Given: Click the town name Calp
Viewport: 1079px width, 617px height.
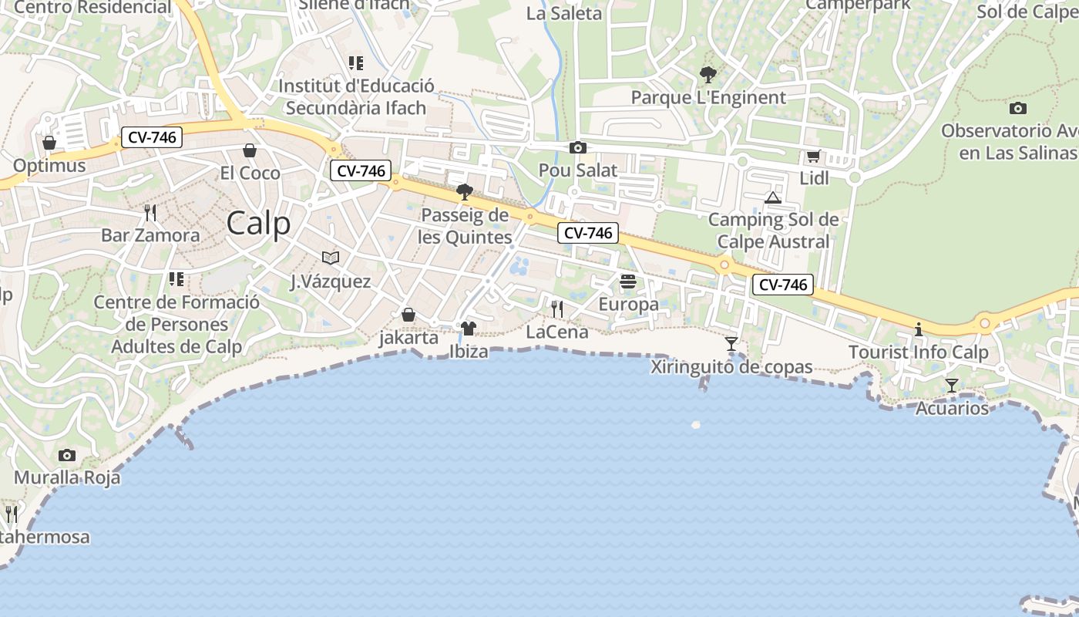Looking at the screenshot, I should click(259, 224).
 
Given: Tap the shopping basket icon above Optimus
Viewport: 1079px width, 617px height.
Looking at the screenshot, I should click(49, 143).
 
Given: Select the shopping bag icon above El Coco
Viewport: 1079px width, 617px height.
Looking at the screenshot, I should click(249, 150).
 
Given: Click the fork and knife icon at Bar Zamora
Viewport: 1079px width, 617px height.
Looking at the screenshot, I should click(150, 212).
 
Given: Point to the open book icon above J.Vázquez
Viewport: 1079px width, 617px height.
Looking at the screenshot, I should click(331, 258).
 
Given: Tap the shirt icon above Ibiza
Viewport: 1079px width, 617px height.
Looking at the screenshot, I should click(468, 328).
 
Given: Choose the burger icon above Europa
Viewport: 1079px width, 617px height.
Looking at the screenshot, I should click(628, 281).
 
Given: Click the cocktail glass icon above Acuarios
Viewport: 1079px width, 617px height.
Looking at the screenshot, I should click(952, 385).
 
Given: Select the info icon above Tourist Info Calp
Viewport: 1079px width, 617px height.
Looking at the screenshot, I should click(918, 329).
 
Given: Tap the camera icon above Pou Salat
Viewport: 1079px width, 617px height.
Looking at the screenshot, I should click(578, 147).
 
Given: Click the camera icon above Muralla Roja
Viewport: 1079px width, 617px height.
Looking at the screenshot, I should click(67, 455).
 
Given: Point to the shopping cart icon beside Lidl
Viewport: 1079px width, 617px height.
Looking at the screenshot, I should click(813, 157).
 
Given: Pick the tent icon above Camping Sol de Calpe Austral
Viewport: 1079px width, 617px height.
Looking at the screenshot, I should click(773, 197).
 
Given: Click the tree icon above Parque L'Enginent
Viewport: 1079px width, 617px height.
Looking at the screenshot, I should click(708, 75).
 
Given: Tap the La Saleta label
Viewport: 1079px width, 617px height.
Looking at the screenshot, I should click(564, 13).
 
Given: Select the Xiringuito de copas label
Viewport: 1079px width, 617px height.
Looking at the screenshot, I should click(731, 367).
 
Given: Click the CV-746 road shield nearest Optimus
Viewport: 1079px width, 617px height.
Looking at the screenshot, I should click(152, 138).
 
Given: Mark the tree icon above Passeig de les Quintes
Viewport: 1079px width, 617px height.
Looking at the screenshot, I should click(464, 191).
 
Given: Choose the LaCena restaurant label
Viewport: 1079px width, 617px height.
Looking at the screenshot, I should click(557, 332).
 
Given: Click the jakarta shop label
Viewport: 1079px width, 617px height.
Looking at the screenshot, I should click(408, 338).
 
